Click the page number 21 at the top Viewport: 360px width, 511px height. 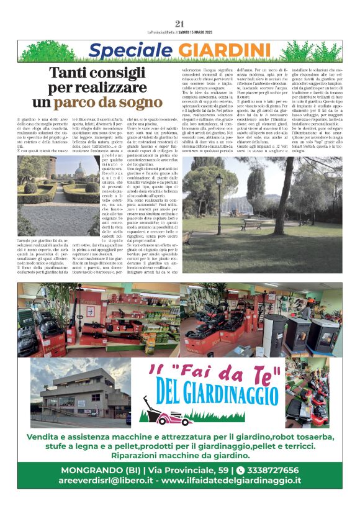click(180, 24)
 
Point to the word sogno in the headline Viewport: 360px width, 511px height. click(145, 102)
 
